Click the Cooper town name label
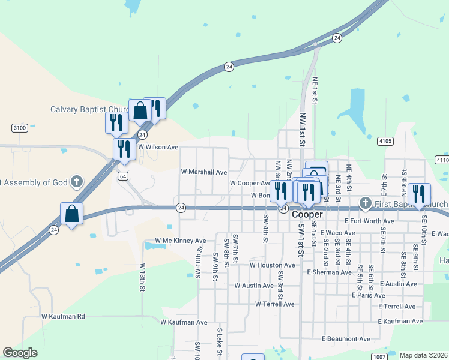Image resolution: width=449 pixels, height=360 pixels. [307, 214]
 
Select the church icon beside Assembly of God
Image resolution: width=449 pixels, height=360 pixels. [76, 181]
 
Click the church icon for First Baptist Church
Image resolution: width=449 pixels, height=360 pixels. [364, 203]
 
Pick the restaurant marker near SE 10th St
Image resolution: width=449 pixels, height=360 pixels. [419, 194]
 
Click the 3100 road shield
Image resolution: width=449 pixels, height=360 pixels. [20, 128]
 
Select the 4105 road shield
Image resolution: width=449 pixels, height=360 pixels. [385, 141]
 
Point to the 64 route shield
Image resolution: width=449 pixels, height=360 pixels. [122, 176]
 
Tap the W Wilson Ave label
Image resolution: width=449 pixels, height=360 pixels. [158, 147]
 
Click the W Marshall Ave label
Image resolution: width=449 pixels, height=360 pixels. [204, 172]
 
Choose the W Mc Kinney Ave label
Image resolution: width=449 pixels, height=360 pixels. [180, 241]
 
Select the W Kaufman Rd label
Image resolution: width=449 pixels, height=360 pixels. [64, 316]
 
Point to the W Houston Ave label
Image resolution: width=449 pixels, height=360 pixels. [273, 265]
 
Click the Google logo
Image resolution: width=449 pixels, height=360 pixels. [20, 353]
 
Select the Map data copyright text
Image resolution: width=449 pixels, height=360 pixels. [424, 355]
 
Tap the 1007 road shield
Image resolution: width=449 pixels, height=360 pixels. [379, 356]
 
